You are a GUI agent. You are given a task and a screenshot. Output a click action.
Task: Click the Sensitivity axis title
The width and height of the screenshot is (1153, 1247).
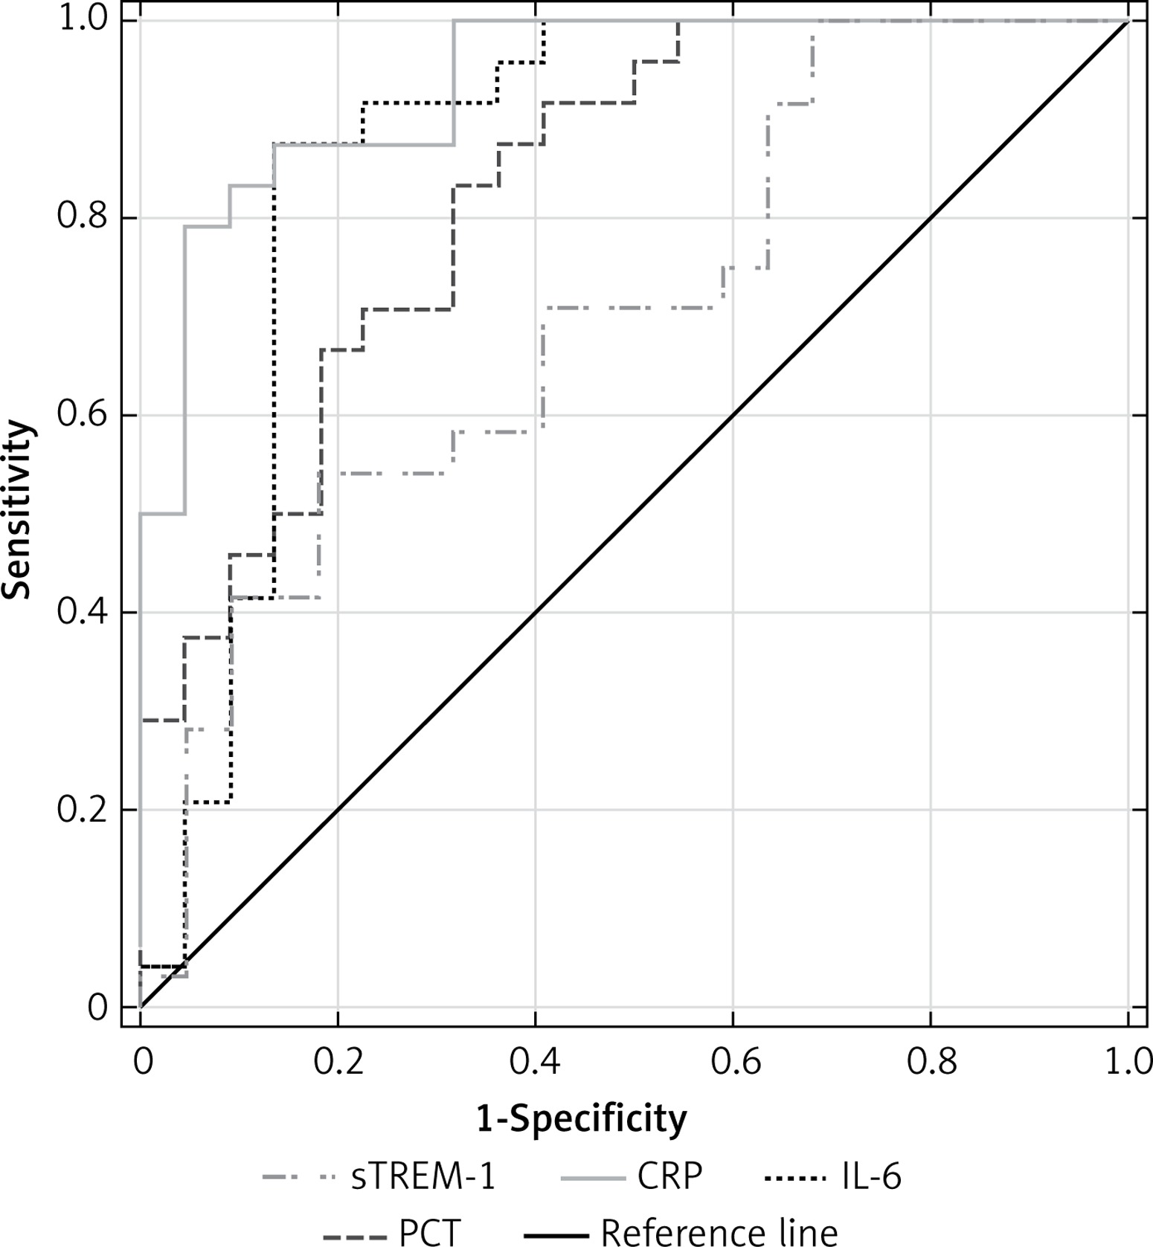point(18,509)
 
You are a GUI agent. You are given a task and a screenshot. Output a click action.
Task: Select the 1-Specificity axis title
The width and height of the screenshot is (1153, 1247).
point(582,1118)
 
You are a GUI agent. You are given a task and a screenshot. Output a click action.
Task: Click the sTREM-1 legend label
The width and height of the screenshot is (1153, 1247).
point(423,1177)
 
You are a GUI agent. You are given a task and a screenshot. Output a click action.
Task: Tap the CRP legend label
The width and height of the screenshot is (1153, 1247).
point(669,1177)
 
